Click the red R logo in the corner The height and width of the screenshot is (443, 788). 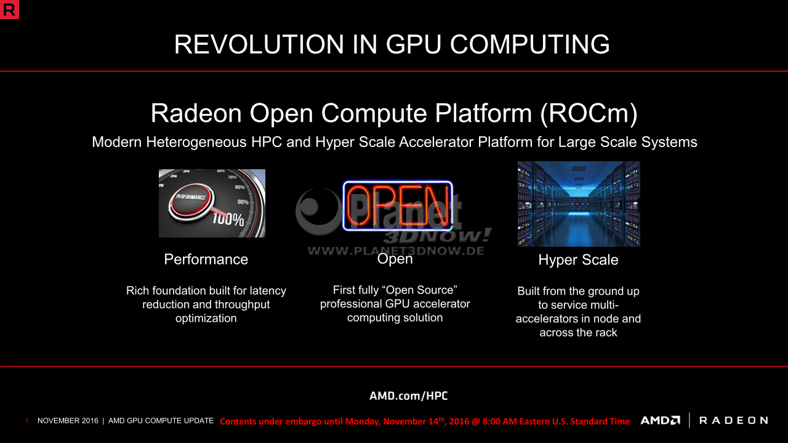click(x=9, y=9)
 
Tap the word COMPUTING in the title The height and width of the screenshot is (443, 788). click(x=530, y=44)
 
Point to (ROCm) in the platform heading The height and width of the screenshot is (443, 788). click(x=589, y=113)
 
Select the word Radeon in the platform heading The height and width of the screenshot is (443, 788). click(x=196, y=113)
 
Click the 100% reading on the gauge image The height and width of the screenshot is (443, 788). click(x=228, y=219)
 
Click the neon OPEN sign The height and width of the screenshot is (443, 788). click(x=398, y=206)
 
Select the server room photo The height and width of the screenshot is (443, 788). click(x=579, y=204)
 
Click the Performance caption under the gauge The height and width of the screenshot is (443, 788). click(x=206, y=260)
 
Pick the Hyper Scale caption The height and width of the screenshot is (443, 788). click(x=578, y=260)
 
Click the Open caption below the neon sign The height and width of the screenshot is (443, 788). click(x=395, y=259)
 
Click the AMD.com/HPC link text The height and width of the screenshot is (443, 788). click(x=408, y=396)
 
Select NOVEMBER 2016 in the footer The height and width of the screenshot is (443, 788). click(x=68, y=421)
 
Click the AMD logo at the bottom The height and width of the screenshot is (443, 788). click(x=661, y=420)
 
